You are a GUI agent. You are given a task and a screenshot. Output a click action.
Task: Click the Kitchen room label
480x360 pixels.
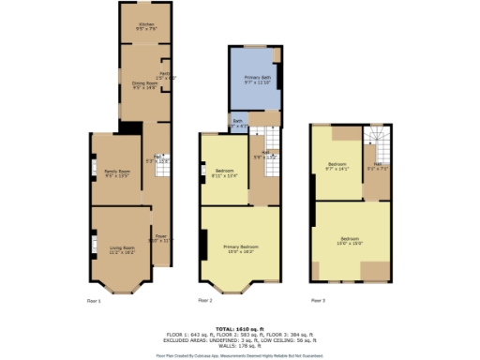pos(146,26)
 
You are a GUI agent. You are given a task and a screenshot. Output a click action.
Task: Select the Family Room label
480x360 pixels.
pos(115,172)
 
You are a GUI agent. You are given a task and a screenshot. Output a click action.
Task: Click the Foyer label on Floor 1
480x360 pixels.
pos(160,238)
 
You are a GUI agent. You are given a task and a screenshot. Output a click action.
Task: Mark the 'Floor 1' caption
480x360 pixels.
pos(94,300)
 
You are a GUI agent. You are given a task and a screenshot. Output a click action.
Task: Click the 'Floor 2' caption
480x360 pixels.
pos(204,300)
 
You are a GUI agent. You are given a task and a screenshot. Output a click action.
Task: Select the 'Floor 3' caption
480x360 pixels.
pos(318,300)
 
